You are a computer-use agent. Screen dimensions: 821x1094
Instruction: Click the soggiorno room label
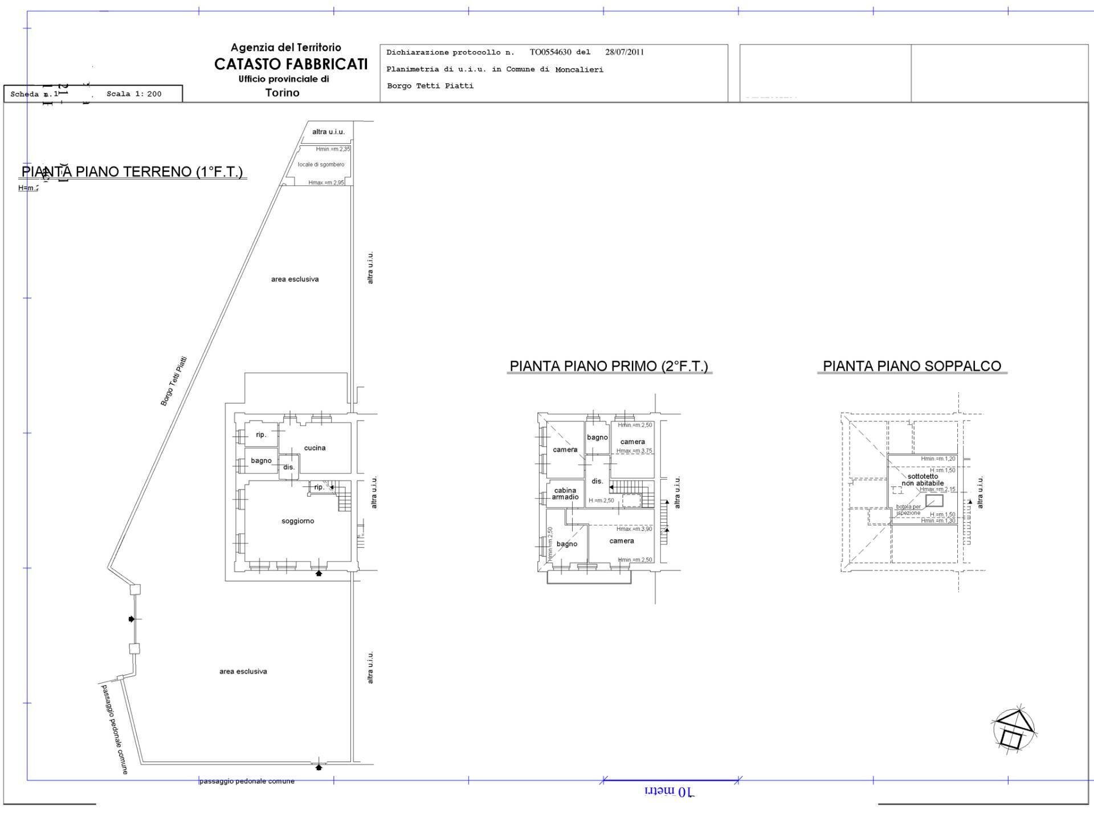coord(297,521)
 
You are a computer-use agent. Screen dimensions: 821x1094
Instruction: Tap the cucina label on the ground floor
coord(315,448)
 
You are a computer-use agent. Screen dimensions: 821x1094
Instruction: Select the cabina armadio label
coord(565,494)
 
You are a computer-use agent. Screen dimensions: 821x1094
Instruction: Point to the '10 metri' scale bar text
coord(670,792)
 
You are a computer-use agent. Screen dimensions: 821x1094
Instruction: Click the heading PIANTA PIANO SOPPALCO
coord(912,366)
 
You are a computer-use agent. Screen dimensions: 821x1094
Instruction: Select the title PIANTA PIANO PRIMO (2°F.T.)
coord(609,366)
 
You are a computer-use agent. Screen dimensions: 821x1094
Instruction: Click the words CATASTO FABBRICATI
coord(291,64)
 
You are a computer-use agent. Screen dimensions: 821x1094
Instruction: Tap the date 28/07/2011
coord(624,52)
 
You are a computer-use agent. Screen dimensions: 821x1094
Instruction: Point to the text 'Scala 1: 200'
coord(134,94)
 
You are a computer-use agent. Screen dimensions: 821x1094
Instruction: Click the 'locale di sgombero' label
coord(321,165)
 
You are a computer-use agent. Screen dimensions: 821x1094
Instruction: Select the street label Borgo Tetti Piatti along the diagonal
coord(174,381)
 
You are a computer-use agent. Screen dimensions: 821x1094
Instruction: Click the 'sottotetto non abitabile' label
coord(922,479)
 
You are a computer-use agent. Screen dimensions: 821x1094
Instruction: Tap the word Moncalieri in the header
coord(579,70)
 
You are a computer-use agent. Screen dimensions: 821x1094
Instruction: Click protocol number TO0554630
coord(550,52)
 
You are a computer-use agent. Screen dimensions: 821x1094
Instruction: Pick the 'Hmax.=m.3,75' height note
coord(634,451)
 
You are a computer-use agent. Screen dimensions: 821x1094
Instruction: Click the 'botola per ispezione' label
coord(908,510)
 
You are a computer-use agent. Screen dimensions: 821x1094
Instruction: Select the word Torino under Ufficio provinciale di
coord(282,92)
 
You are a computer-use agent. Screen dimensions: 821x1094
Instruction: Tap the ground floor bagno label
coord(261,461)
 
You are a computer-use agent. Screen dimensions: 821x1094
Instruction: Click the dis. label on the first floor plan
coord(597,481)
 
